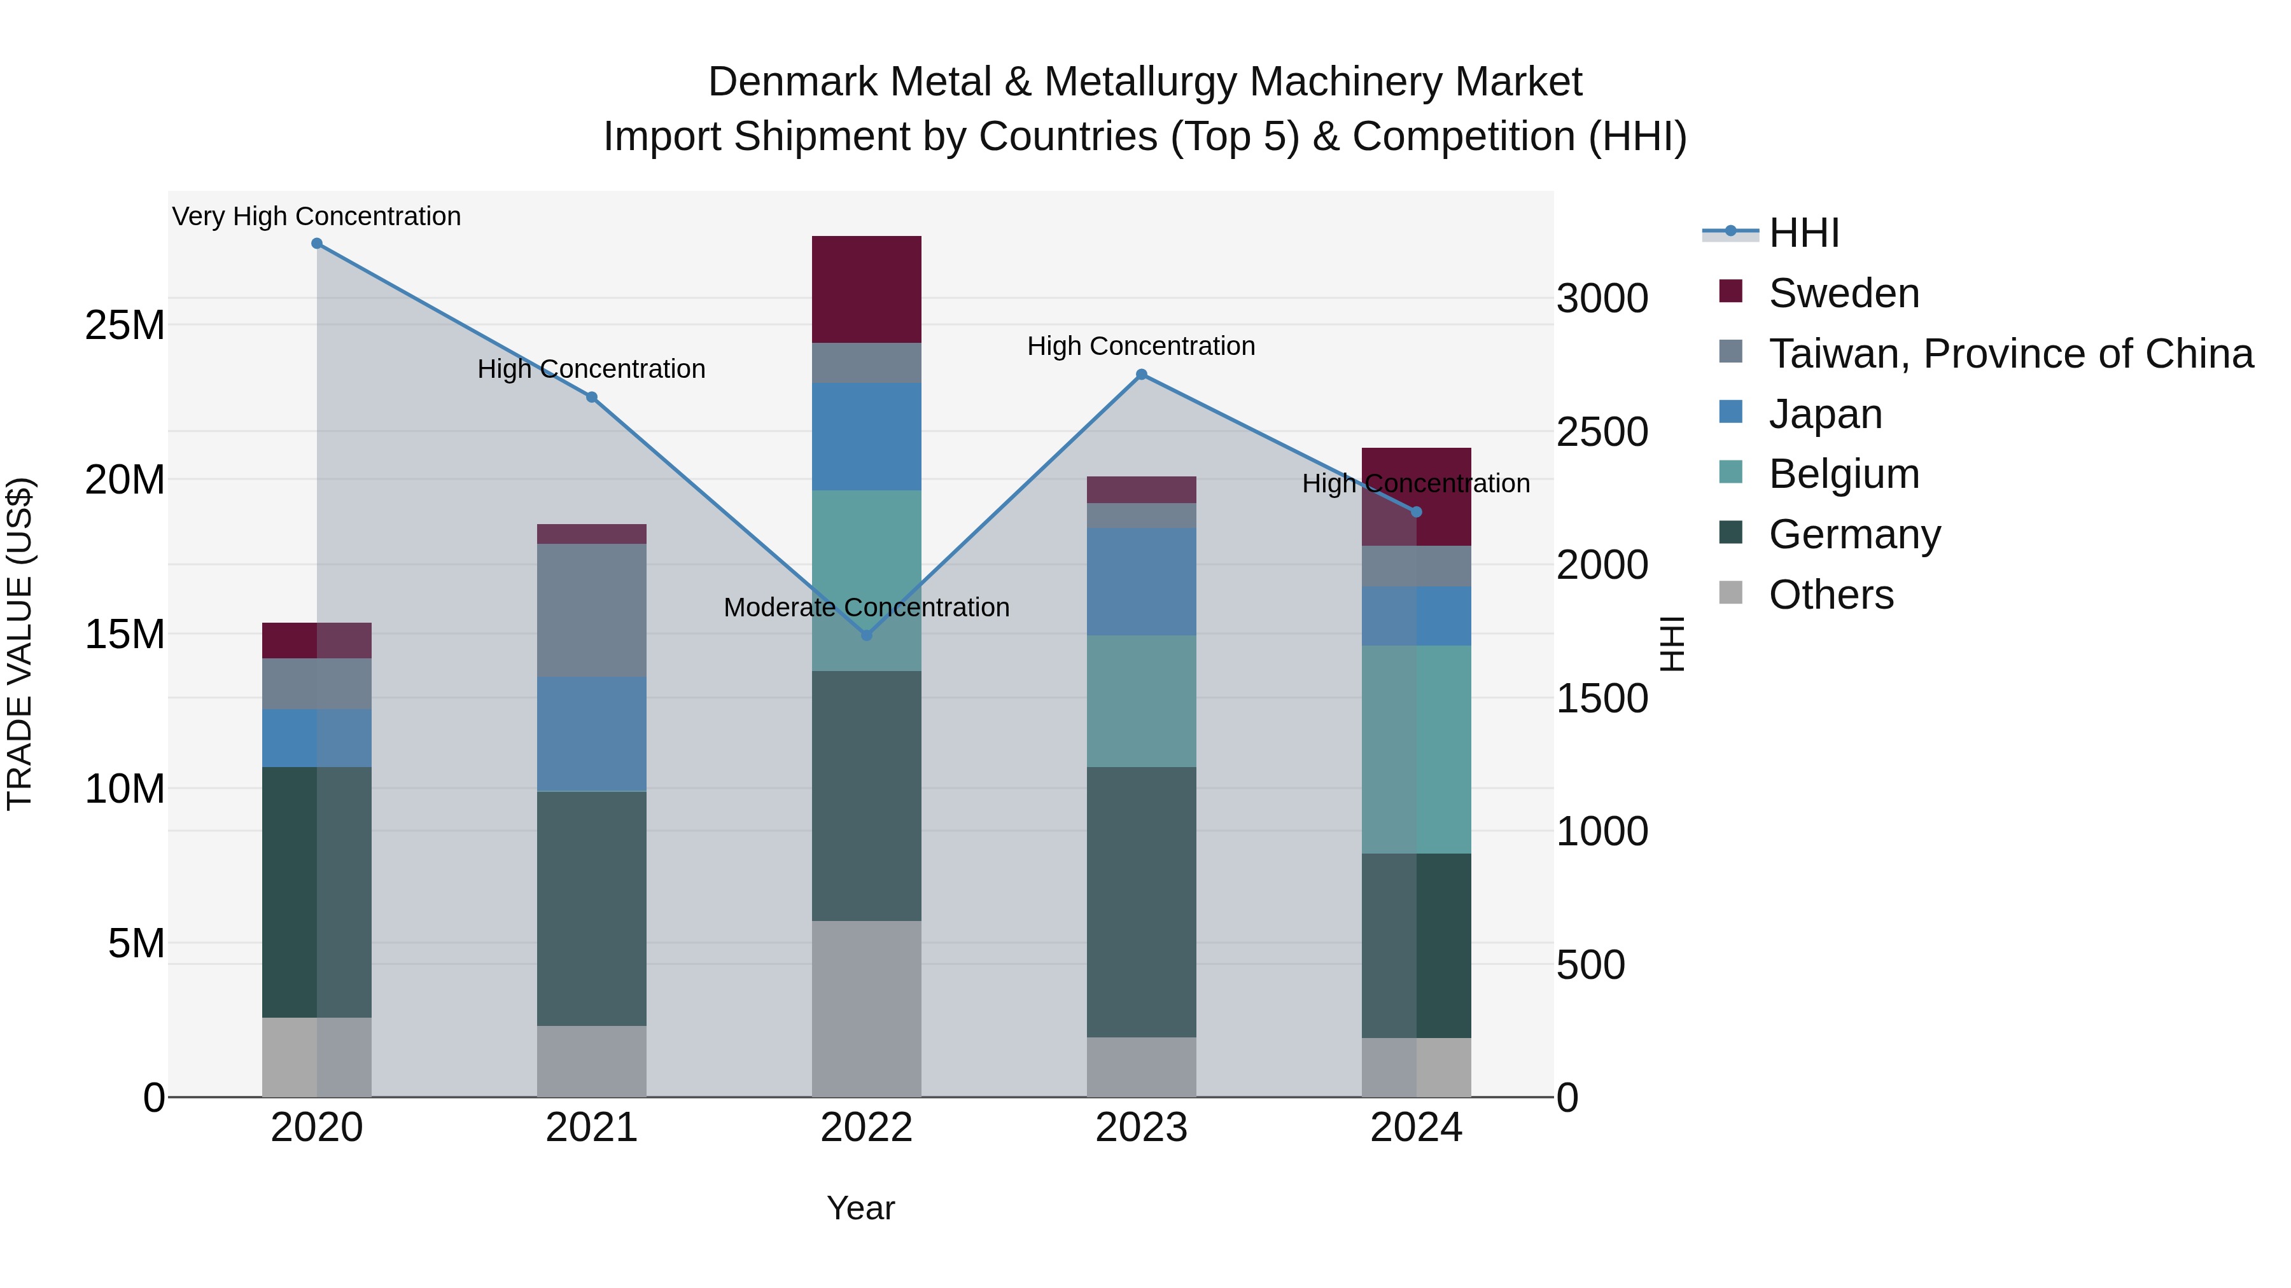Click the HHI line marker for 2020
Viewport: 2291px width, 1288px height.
click(x=317, y=244)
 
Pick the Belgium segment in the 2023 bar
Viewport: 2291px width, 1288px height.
click(x=1142, y=702)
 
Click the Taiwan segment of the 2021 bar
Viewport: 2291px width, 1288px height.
click(x=591, y=610)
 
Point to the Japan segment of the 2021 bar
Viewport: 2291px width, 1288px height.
click(x=591, y=733)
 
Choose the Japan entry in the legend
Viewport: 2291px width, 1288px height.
click(x=1825, y=414)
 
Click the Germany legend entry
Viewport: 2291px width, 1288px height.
click(x=1854, y=534)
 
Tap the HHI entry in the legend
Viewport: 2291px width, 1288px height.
click(x=1804, y=233)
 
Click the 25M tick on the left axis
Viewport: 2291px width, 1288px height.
click(x=125, y=325)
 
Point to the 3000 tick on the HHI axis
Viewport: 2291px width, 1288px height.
click(x=1602, y=299)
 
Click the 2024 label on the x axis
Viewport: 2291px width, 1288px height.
click(x=1416, y=1128)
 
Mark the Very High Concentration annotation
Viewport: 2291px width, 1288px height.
click(x=317, y=216)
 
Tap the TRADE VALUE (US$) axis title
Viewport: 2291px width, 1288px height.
click(x=20, y=644)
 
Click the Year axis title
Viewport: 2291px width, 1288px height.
click(x=860, y=1208)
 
